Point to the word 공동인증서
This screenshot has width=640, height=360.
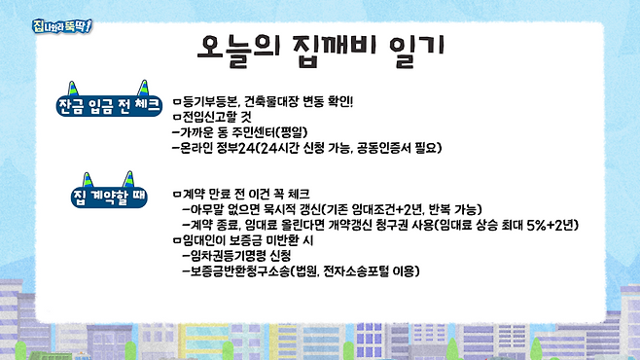click(x=396, y=148)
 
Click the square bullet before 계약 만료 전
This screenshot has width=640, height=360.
click(x=175, y=194)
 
